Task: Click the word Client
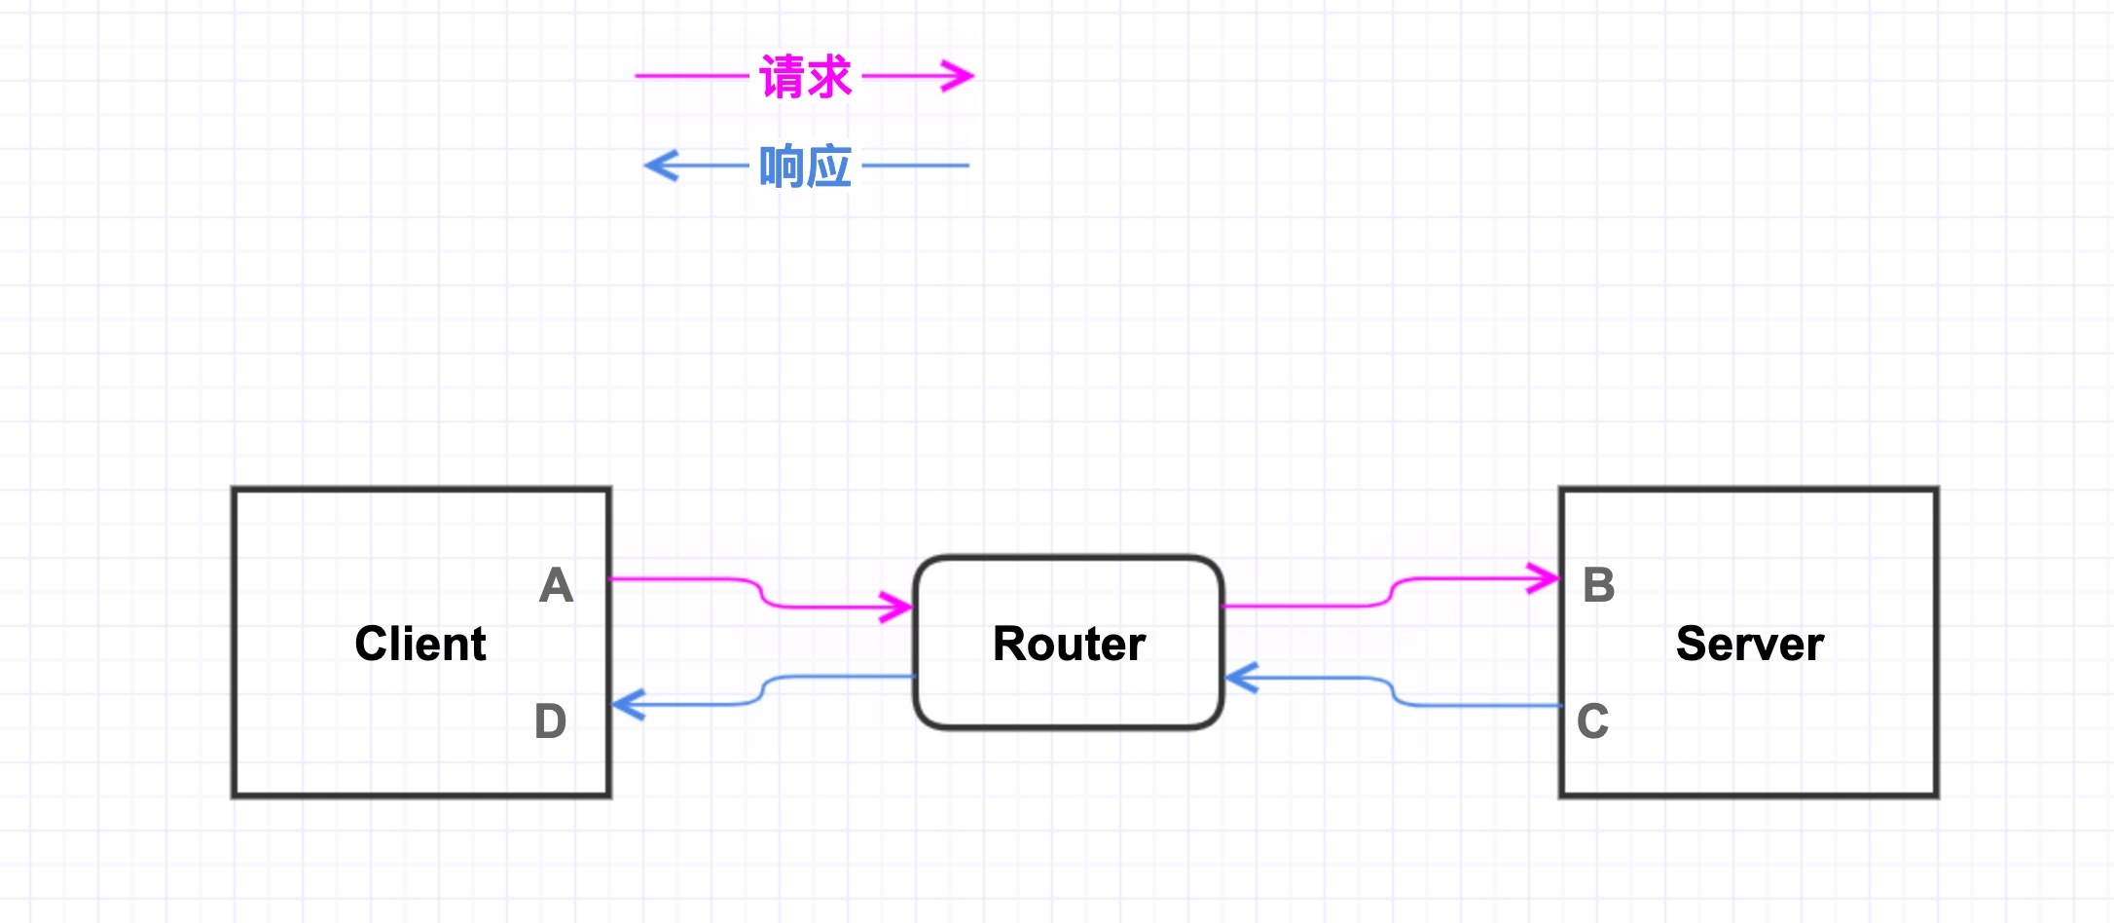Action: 420,644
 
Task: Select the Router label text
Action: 1069,644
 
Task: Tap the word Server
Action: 1749,644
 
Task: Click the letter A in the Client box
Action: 556,585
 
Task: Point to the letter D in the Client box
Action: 550,721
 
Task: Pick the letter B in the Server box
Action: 1598,585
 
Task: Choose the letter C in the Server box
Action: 1592,721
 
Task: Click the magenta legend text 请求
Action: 805,76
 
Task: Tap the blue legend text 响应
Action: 805,166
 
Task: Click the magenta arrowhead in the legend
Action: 959,75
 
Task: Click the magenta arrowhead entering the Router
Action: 897,607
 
